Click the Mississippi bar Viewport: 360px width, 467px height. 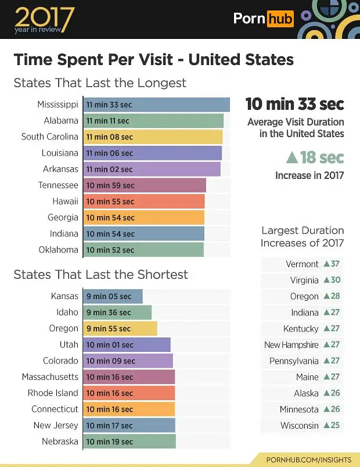(157, 105)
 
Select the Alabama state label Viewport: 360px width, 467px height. (61, 121)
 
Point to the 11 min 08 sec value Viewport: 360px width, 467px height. (109, 137)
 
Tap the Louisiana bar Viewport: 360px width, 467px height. (153, 153)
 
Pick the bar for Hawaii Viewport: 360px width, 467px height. (145, 202)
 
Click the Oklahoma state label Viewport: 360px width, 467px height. (59, 250)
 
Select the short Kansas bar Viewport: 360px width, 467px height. (113, 296)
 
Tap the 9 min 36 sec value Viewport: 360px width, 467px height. (109, 312)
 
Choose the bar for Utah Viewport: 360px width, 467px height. (127, 345)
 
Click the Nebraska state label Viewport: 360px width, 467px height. (60, 441)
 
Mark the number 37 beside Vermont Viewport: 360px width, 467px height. (335, 264)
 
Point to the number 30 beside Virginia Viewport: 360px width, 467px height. (335, 280)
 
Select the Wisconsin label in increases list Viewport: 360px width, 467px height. (300, 425)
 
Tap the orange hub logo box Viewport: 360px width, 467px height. (280, 19)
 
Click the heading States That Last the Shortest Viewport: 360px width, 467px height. (100, 275)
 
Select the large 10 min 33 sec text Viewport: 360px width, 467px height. (294, 104)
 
